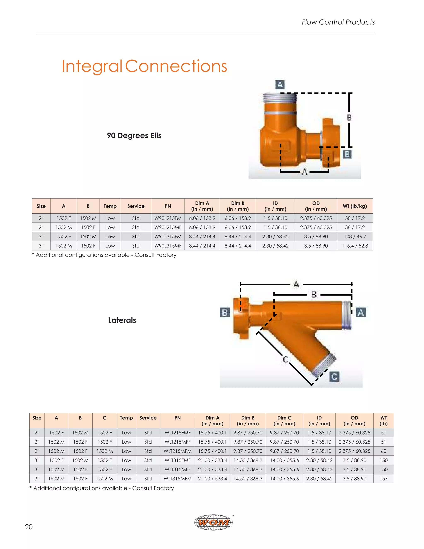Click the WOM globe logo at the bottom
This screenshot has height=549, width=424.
coord(213,522)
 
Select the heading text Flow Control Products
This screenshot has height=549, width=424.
coord(338,22)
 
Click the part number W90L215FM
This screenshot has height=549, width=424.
coord(168,218)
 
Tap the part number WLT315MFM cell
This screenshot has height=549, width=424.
coord(178,479)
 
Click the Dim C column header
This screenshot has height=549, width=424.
coord(284,421)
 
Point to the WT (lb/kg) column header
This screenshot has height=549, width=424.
coord(355,206)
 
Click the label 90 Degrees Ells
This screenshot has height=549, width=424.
coord(134,135)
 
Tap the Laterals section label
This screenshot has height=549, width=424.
coord(122,320)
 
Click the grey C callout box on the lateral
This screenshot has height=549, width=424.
coord(334,377)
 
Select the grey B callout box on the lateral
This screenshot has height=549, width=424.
coord(225,312)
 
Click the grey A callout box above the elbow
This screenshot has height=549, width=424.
coord(280,85)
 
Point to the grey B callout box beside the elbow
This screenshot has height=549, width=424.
coord(347,154)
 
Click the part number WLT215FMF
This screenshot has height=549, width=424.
coord(178,433)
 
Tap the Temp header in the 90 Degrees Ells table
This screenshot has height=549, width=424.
coord(110,206)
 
